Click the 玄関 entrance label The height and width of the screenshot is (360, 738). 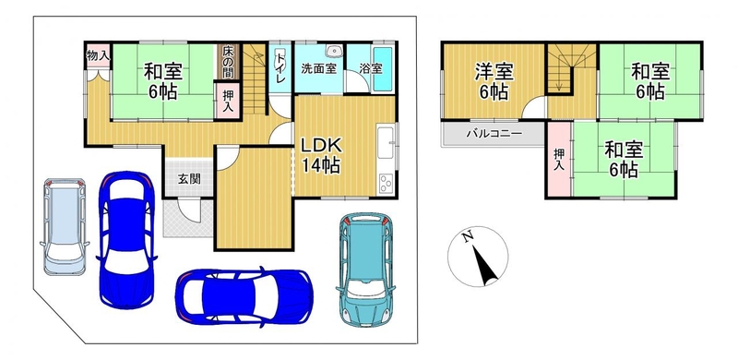click(189, 178)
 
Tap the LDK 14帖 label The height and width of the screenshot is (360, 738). click(321, 155)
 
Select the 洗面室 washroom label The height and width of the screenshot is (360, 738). click(318, 68)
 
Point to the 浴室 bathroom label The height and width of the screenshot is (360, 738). click(371, 68)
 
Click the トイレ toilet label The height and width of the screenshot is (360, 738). click(280, 68)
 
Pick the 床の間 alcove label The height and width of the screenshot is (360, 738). click(228, 61)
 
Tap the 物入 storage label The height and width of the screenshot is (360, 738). click(99, 55)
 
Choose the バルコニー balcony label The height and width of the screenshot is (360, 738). click(494, 133)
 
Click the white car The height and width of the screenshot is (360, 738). click(65, 226)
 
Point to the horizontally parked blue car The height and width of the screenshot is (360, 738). click(244, 297)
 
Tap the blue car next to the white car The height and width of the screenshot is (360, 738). click(126, 240)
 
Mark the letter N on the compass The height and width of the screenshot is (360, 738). click(467, 237)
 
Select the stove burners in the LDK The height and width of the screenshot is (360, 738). click(386, 184)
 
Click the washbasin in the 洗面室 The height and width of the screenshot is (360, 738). click(334, 50)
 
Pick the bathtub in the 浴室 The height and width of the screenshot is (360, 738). click(382, 70)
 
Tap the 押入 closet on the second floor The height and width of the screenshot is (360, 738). click(559, 159)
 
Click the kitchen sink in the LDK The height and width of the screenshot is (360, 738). click(387, 143)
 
